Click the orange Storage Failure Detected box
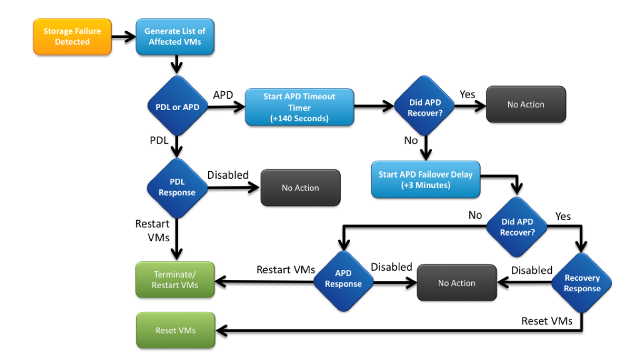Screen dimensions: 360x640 pos(72,36)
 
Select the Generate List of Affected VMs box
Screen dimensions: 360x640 pos(174,36)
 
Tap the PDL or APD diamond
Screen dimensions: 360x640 pos(177,107)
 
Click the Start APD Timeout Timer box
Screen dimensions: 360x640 pos(299,107)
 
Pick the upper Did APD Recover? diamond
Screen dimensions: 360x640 pos(424,107)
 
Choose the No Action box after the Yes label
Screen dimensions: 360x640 pos(526,104)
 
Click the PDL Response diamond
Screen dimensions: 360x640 pos(177,187)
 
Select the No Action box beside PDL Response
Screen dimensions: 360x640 pos(300,187)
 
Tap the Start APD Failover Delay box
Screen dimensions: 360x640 pos(426,180)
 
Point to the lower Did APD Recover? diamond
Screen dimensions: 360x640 pos(517,227)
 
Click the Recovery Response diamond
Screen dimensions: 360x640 pos(581,283)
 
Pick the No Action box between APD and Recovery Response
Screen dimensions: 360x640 pos(456,283)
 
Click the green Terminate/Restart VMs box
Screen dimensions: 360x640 pos(175,279)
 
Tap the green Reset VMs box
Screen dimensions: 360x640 pos(175,330)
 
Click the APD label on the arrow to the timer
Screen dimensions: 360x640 pos(223,95)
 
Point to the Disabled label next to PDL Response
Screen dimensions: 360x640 pos(228,175)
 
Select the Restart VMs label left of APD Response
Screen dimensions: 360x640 pos(285,269)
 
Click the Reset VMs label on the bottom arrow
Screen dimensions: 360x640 pos(547,321)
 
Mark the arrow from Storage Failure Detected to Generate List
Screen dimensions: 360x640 pos(124,36)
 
